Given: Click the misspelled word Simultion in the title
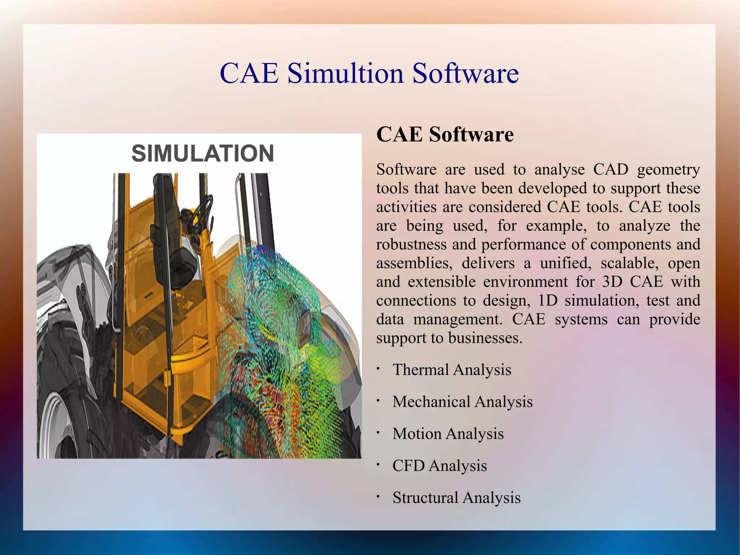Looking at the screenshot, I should click(345, 73).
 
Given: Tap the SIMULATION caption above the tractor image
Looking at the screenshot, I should click(202, 153).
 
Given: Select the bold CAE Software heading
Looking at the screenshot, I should click(445, 135).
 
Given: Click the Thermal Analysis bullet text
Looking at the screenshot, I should click(452, 370).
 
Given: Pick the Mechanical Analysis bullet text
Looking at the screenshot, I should click(462, 402).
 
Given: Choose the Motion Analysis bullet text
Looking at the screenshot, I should click(448, 434).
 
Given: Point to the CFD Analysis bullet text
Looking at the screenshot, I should click(439, 466).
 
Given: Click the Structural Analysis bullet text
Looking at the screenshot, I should click(456, 498).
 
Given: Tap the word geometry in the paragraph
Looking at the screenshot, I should click(668, 170).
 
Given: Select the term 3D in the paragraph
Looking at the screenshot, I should click(612, 282).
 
